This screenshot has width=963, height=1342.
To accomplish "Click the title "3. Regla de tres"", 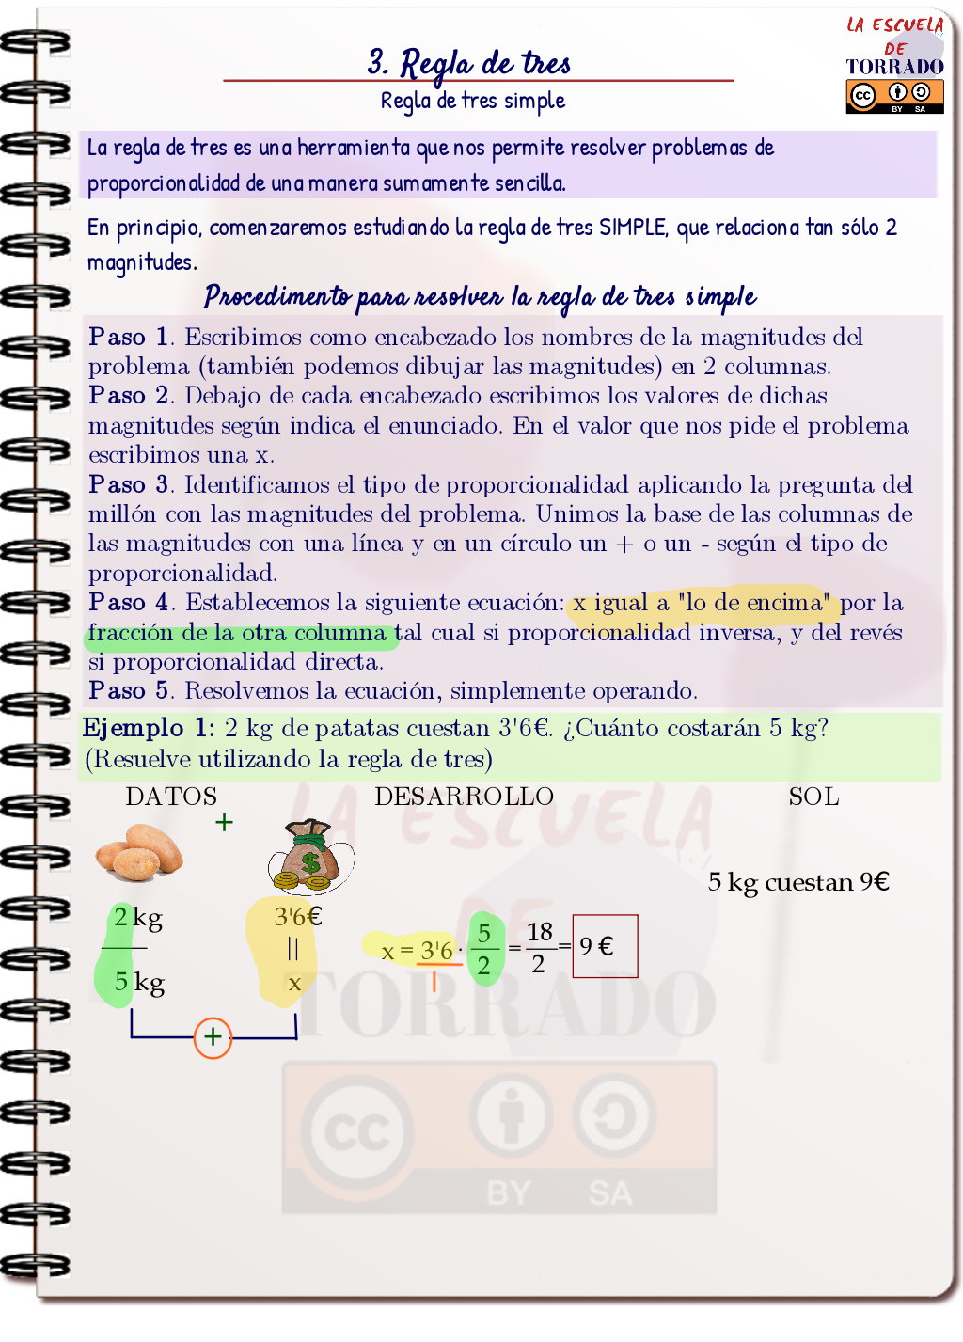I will click(469, 63).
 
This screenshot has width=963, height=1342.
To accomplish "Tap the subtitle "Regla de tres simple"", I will click(472, 101).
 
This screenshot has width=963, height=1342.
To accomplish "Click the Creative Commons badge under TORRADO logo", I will click(894, 96).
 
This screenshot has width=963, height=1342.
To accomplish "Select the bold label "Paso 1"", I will click(130, 337).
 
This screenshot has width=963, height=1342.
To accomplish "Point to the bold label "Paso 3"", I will click(130, 484).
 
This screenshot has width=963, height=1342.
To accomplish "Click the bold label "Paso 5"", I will click(130, 690).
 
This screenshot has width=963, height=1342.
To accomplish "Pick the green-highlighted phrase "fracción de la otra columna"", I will click(238, 633).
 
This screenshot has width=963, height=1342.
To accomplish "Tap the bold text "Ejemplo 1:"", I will click(148, 728).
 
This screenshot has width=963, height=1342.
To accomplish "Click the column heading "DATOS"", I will click(171, 797).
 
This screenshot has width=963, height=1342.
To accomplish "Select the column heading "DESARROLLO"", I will click(464, 797).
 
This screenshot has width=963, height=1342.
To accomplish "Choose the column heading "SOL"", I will click(813, 797).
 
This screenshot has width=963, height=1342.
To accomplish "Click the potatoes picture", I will click(139, 852).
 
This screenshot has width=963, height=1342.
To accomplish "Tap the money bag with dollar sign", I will click(310, 857).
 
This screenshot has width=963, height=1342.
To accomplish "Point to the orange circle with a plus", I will click(213, 1037).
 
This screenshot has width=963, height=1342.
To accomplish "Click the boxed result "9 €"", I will click(604, 946).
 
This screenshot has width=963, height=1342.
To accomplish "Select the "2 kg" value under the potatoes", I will click(138, 917).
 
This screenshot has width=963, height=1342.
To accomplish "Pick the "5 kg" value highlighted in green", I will click(138, 982).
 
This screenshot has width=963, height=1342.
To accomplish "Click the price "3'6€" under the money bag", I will click(297, 916).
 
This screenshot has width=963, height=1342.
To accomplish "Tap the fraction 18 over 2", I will click(539, 947).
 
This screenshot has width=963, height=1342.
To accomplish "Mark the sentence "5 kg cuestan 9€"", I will click(798, 882).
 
